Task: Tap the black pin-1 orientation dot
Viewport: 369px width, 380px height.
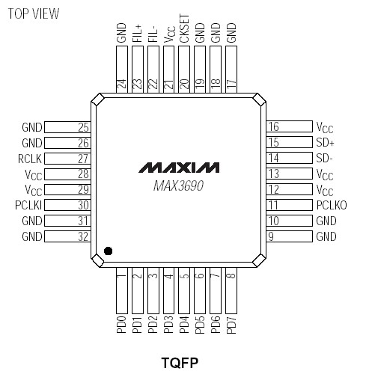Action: click(x=109, y=251)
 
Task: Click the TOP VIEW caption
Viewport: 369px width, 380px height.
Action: click(x=33, y=14)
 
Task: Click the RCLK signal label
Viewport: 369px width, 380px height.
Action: click(x=29, y=159)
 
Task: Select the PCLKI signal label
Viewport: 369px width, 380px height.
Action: click(x=28, y=205)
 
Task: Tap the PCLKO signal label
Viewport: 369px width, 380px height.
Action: click(x=332, y=205)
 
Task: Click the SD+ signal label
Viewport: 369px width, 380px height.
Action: click(x=326, y=142)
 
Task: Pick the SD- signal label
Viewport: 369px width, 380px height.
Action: click(x=325, y=158)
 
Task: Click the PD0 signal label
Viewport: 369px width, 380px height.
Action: click(x=121, y=328)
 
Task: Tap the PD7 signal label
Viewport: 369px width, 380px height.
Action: click(x=231, y=328)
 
